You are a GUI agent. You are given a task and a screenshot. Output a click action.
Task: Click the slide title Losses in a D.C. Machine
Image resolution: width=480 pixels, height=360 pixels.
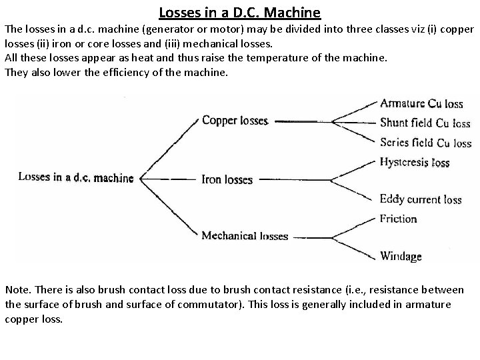tap(240, 12)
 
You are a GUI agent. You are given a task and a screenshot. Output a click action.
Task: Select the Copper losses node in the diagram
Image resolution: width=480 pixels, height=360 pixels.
tap(235, 121)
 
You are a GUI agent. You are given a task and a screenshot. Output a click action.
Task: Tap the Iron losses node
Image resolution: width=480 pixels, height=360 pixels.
tap(227, 179)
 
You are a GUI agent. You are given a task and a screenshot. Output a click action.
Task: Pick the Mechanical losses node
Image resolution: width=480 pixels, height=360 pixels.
tap(245, 236)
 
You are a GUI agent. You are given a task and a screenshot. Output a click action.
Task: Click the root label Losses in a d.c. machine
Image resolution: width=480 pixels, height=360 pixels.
tap(75, 177)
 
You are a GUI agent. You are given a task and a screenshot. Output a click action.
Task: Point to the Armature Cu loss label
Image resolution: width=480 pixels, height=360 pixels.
tap(421, 103)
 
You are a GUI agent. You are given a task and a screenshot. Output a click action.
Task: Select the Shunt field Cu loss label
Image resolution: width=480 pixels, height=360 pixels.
tap(425, 123)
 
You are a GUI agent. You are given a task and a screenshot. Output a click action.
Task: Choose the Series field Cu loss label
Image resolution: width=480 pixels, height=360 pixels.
tap(425, 143)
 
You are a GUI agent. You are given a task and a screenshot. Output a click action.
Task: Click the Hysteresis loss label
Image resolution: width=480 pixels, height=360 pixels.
tap(415, 162)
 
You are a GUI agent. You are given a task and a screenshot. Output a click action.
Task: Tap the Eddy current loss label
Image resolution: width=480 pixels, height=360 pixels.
tap(421, 199)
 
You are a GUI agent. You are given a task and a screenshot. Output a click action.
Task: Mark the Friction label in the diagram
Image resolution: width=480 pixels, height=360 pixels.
tap(398, 218)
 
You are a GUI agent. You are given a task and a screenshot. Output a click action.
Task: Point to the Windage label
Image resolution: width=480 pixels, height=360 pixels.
tap(401, 256)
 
